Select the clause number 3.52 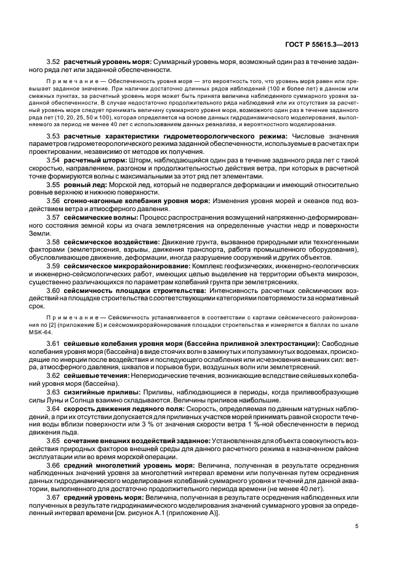55,62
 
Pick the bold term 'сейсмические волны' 102,217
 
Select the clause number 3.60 55,290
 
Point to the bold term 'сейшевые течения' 95,375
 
